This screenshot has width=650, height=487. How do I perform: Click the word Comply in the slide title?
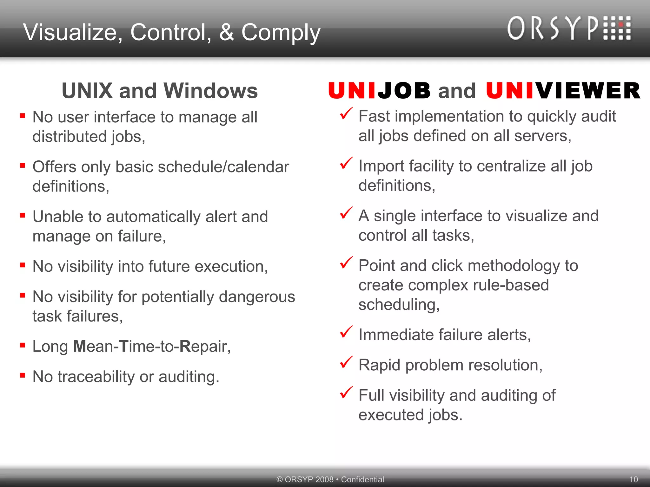[x=281, y=33]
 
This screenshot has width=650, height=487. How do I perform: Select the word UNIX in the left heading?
[x=87, y=91]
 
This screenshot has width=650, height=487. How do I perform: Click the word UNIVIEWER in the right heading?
[x=563, y=91]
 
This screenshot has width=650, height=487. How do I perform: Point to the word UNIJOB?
[x=379, y=91]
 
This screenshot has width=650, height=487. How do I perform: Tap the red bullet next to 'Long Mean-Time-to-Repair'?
[x=23, y=345]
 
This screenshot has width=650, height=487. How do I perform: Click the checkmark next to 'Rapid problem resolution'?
[x=346, y=362]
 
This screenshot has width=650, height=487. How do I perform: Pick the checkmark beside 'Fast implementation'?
[x=346, y=114]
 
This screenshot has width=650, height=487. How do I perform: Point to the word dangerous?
[x=257, y=297]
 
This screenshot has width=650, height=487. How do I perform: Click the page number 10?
[x=633, y=479]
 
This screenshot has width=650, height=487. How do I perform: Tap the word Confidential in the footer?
[x=362, y=479]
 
